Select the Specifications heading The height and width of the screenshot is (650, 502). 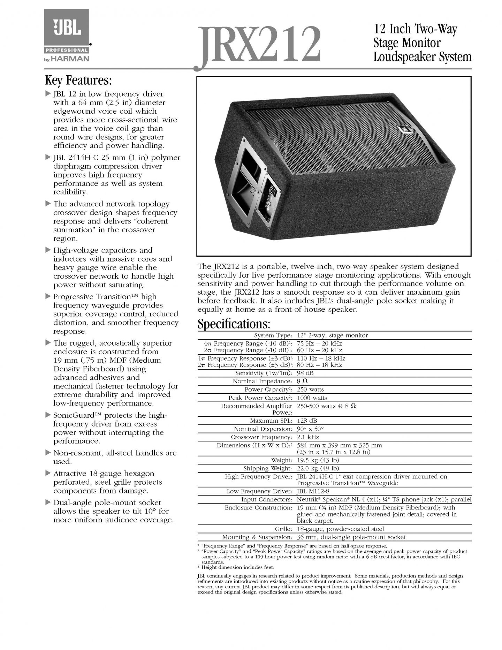tap(234, 324)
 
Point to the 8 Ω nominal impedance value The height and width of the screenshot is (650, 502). tap(302, 381)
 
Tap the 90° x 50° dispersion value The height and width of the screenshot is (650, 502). tap(310, 429)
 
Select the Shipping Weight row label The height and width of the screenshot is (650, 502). tap(267, 468)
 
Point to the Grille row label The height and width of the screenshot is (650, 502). tap(283, 529)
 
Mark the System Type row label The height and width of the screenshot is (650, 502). tap(273, 335)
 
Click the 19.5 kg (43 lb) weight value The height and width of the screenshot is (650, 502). tap(318, 460)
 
